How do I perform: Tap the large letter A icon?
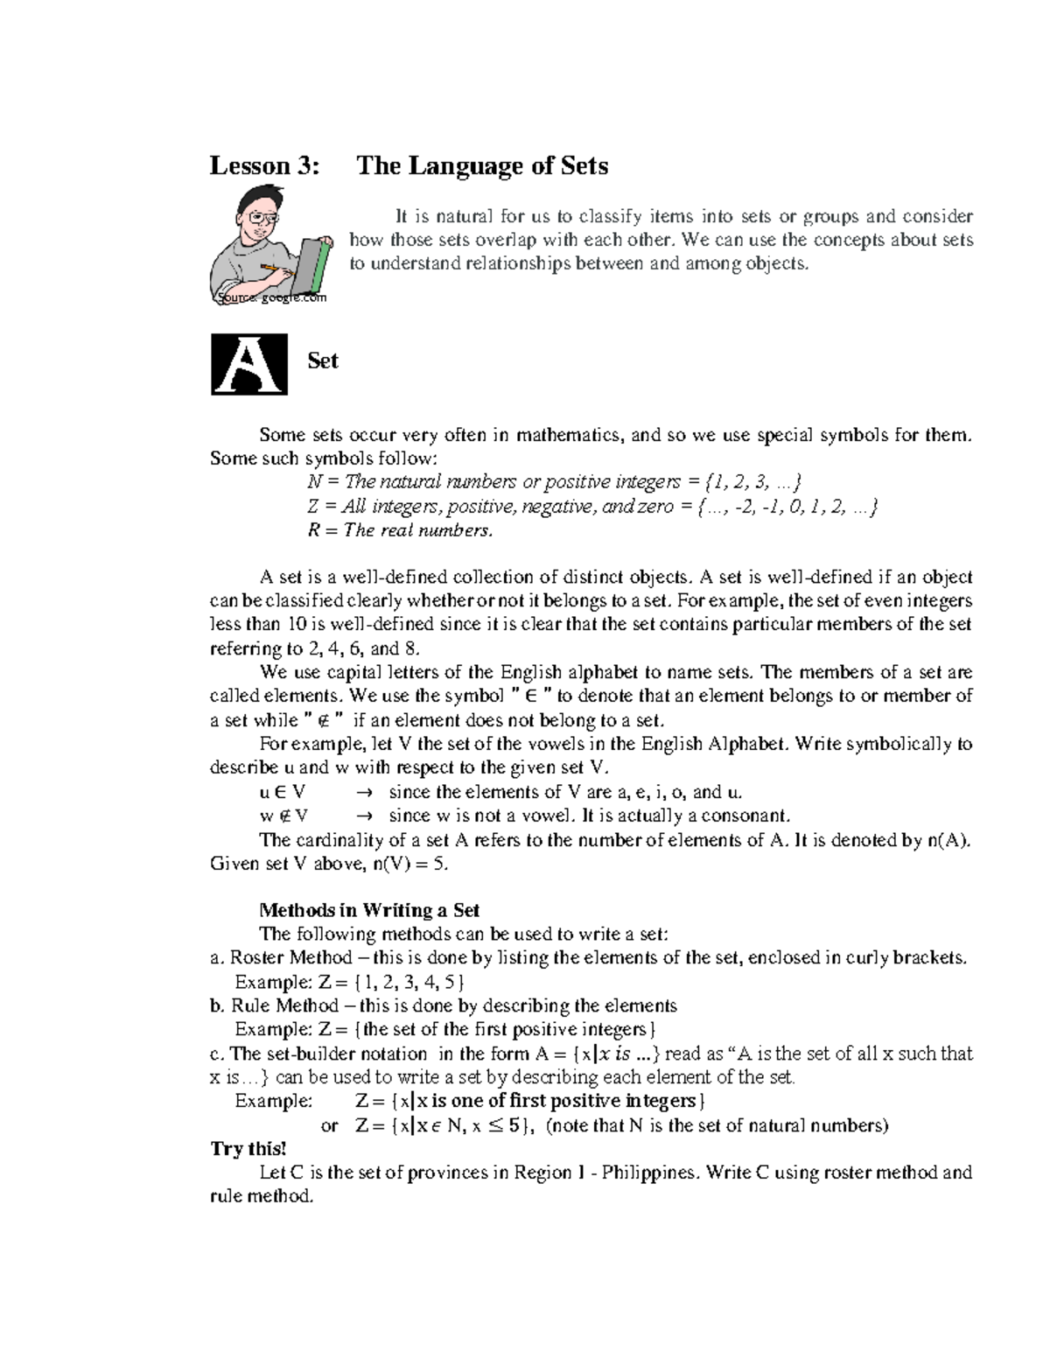249,364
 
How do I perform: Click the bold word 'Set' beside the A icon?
322,361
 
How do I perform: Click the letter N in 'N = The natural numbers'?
314,482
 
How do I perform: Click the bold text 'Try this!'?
248,1149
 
